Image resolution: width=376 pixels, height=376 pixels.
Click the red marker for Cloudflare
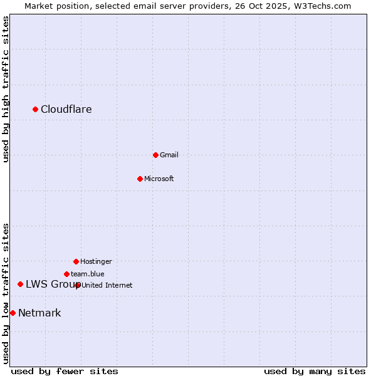click(36, 110)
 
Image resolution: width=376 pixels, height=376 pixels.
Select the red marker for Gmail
click(155, 155)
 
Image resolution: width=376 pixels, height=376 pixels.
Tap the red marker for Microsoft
click(140, 179)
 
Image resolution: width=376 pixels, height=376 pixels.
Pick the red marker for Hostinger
click(76, 261)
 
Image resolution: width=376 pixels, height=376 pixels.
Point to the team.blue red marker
click(66, 274)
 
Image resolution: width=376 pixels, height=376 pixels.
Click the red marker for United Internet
click(78, 285)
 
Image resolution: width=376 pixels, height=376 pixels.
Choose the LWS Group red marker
click(20, 285)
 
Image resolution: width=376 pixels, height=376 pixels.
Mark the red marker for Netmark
click(13, 313)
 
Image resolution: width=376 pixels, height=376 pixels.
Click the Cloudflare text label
click(66, 110)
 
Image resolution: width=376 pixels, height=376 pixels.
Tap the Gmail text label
click(169, 155)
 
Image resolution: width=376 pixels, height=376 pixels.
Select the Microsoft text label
click(159, 179)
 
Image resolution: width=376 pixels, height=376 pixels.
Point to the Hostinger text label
click(96, 261)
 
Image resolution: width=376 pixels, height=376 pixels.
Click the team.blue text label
click(88, 274)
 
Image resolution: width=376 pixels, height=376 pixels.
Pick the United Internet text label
click(107, 285)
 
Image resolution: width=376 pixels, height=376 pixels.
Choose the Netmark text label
click(39, 313)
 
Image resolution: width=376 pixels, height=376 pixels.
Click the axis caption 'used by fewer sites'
click(65, 371)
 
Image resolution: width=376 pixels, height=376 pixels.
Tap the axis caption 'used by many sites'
click(315, 371)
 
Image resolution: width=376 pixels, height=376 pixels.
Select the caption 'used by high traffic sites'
click(6, 89)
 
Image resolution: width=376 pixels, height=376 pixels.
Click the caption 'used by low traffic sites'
click(6, 293)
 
